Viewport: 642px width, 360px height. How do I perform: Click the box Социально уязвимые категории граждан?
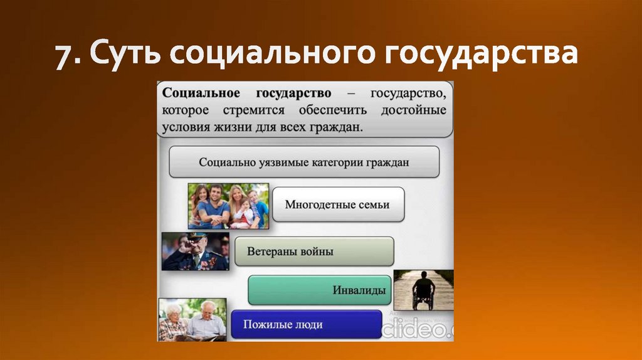(304, 162)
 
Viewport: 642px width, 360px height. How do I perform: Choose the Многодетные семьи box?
(337, 204)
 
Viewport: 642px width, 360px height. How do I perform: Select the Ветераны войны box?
(314, 251)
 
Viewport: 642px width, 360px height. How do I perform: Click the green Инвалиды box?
(320, 290)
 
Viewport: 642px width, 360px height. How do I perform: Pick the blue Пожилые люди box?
(306, 325)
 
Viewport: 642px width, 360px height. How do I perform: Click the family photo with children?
(228, 206)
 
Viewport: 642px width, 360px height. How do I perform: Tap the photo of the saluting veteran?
(195, 251)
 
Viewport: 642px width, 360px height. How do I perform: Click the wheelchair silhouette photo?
(423, 289)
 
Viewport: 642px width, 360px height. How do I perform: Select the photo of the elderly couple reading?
(192, 319)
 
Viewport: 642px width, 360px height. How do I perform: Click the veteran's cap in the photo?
(196, 237)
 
